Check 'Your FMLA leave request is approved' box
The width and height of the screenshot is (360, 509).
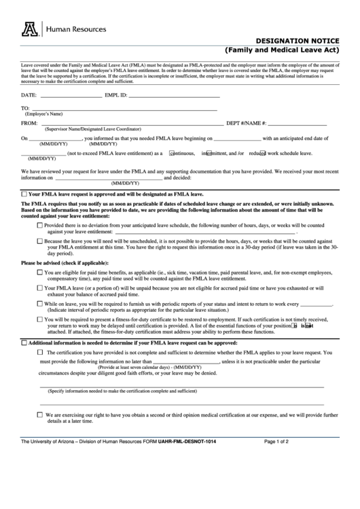click(x=25, y=194)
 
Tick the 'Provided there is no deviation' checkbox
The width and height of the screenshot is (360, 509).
click(x=40, y=225)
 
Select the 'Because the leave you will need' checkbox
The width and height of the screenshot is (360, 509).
click(x=40, y=241)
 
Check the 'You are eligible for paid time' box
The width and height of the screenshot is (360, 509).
click(x=40, y=273)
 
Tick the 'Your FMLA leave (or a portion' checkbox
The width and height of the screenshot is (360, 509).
click(x=40, y=288)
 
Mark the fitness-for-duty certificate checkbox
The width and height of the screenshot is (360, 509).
click(x=40, y=320)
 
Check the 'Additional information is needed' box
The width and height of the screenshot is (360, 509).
click(x=25, y=344)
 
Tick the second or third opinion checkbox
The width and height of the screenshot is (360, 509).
click(x=40, y=414)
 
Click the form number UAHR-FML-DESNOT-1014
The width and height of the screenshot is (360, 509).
click(x=187, y=442)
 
